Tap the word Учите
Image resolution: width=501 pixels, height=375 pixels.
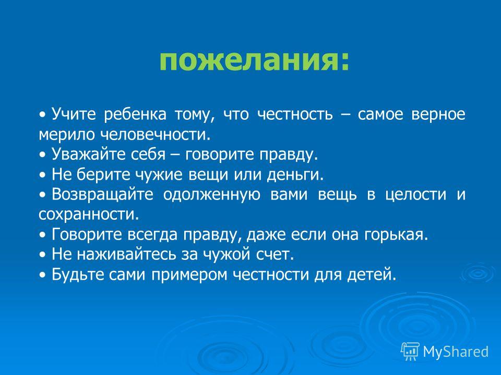pyautogui.click(x=74, y=114)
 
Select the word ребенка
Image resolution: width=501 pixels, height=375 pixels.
pyautogui.click(x=135, y=115)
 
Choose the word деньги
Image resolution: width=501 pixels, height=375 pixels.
pyautogui.click(x=295, y=175)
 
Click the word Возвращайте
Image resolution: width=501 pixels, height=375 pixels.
pyautogui.click(x=102, y=195)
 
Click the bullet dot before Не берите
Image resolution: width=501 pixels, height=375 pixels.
pyautogui.click(x=43, y=176)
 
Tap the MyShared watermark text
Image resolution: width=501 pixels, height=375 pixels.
pyautogui.click(x=456, y=352)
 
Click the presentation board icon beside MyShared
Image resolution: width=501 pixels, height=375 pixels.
pyautogui.click(x=410, y=352)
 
